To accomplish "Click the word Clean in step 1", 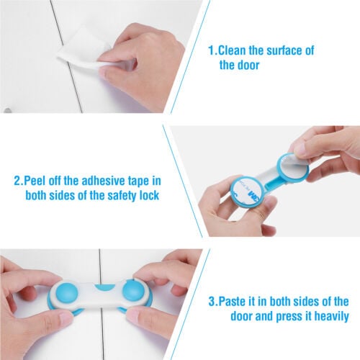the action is [x=233, y=50].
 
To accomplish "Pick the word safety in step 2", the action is [x=122, y=196].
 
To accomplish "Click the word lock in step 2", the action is [x=149, y=195].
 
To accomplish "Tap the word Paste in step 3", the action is [x=233, y=301].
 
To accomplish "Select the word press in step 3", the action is [x=289, y=316].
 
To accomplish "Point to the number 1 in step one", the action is [x=211, y=50].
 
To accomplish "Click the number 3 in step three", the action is [x=212, y=302].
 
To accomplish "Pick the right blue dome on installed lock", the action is [x=134, y=292].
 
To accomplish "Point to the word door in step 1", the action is [x=248, y=65].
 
